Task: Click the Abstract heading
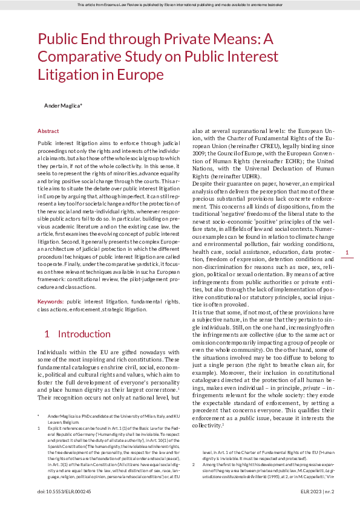pos(48,131)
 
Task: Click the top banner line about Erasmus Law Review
pos(180,5)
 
